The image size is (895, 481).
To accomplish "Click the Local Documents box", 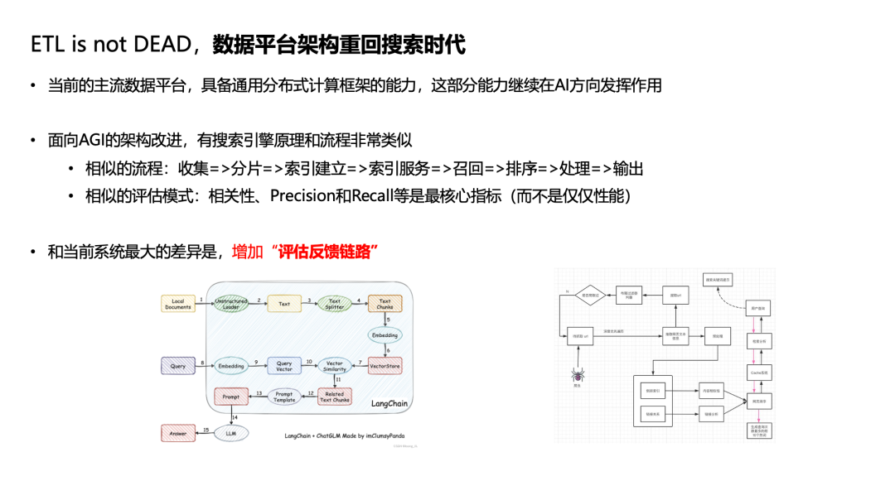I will [178, 304].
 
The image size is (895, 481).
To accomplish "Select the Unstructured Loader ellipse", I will [231, 304].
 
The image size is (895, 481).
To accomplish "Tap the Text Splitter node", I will [335, 304].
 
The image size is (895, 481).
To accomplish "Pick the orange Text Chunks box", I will [385, 304].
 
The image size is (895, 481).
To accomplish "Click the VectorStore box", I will [385, 365].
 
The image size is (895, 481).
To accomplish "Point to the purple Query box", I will [178, 365].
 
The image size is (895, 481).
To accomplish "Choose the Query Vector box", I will [284, 365].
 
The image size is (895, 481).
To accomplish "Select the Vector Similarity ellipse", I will [335, 365].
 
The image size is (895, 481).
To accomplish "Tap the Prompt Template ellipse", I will [284, 397].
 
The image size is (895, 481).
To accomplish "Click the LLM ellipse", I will [231, 431].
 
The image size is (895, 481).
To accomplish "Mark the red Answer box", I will [178, 432].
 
